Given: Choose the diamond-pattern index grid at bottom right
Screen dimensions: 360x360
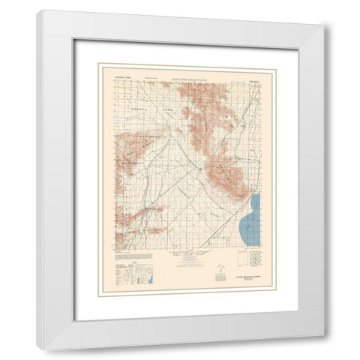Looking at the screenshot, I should tap(256, 263).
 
